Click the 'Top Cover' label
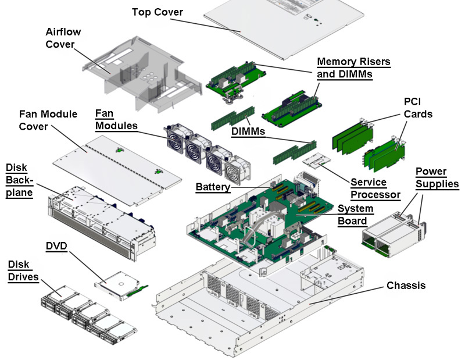158,12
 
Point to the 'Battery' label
213,187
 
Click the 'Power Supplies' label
437,178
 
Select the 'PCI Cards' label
418,108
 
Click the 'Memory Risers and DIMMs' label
353,67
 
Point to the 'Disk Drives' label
23,270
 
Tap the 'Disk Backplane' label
20,180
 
